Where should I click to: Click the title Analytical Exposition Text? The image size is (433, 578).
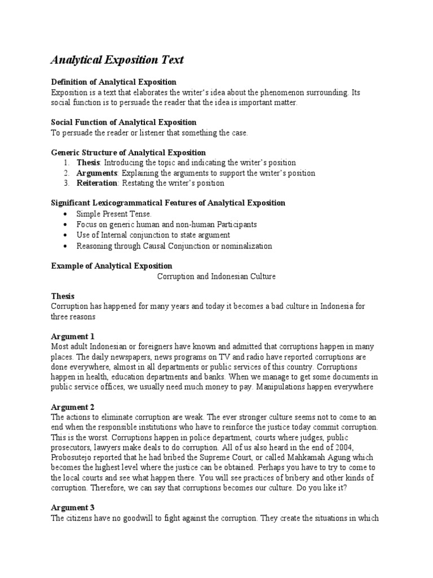pos(117,60)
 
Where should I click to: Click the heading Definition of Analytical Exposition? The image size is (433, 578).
pos(113,82)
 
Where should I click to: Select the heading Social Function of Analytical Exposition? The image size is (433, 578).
pos(123,122)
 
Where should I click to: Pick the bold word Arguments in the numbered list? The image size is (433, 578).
pos(96,173)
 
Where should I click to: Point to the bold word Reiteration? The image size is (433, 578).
pos(97,183)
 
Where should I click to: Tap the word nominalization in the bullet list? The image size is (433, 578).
pos(245,246)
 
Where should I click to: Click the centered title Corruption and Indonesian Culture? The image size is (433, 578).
pos(216,276)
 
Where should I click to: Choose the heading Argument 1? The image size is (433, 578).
pos(73,336)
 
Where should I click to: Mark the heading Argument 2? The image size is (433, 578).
pos(73,407)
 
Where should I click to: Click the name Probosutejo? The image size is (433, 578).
pos(75,458)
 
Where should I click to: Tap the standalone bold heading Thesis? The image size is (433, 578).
pos(63,296)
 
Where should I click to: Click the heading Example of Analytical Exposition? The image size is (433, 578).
pos(112,266)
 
